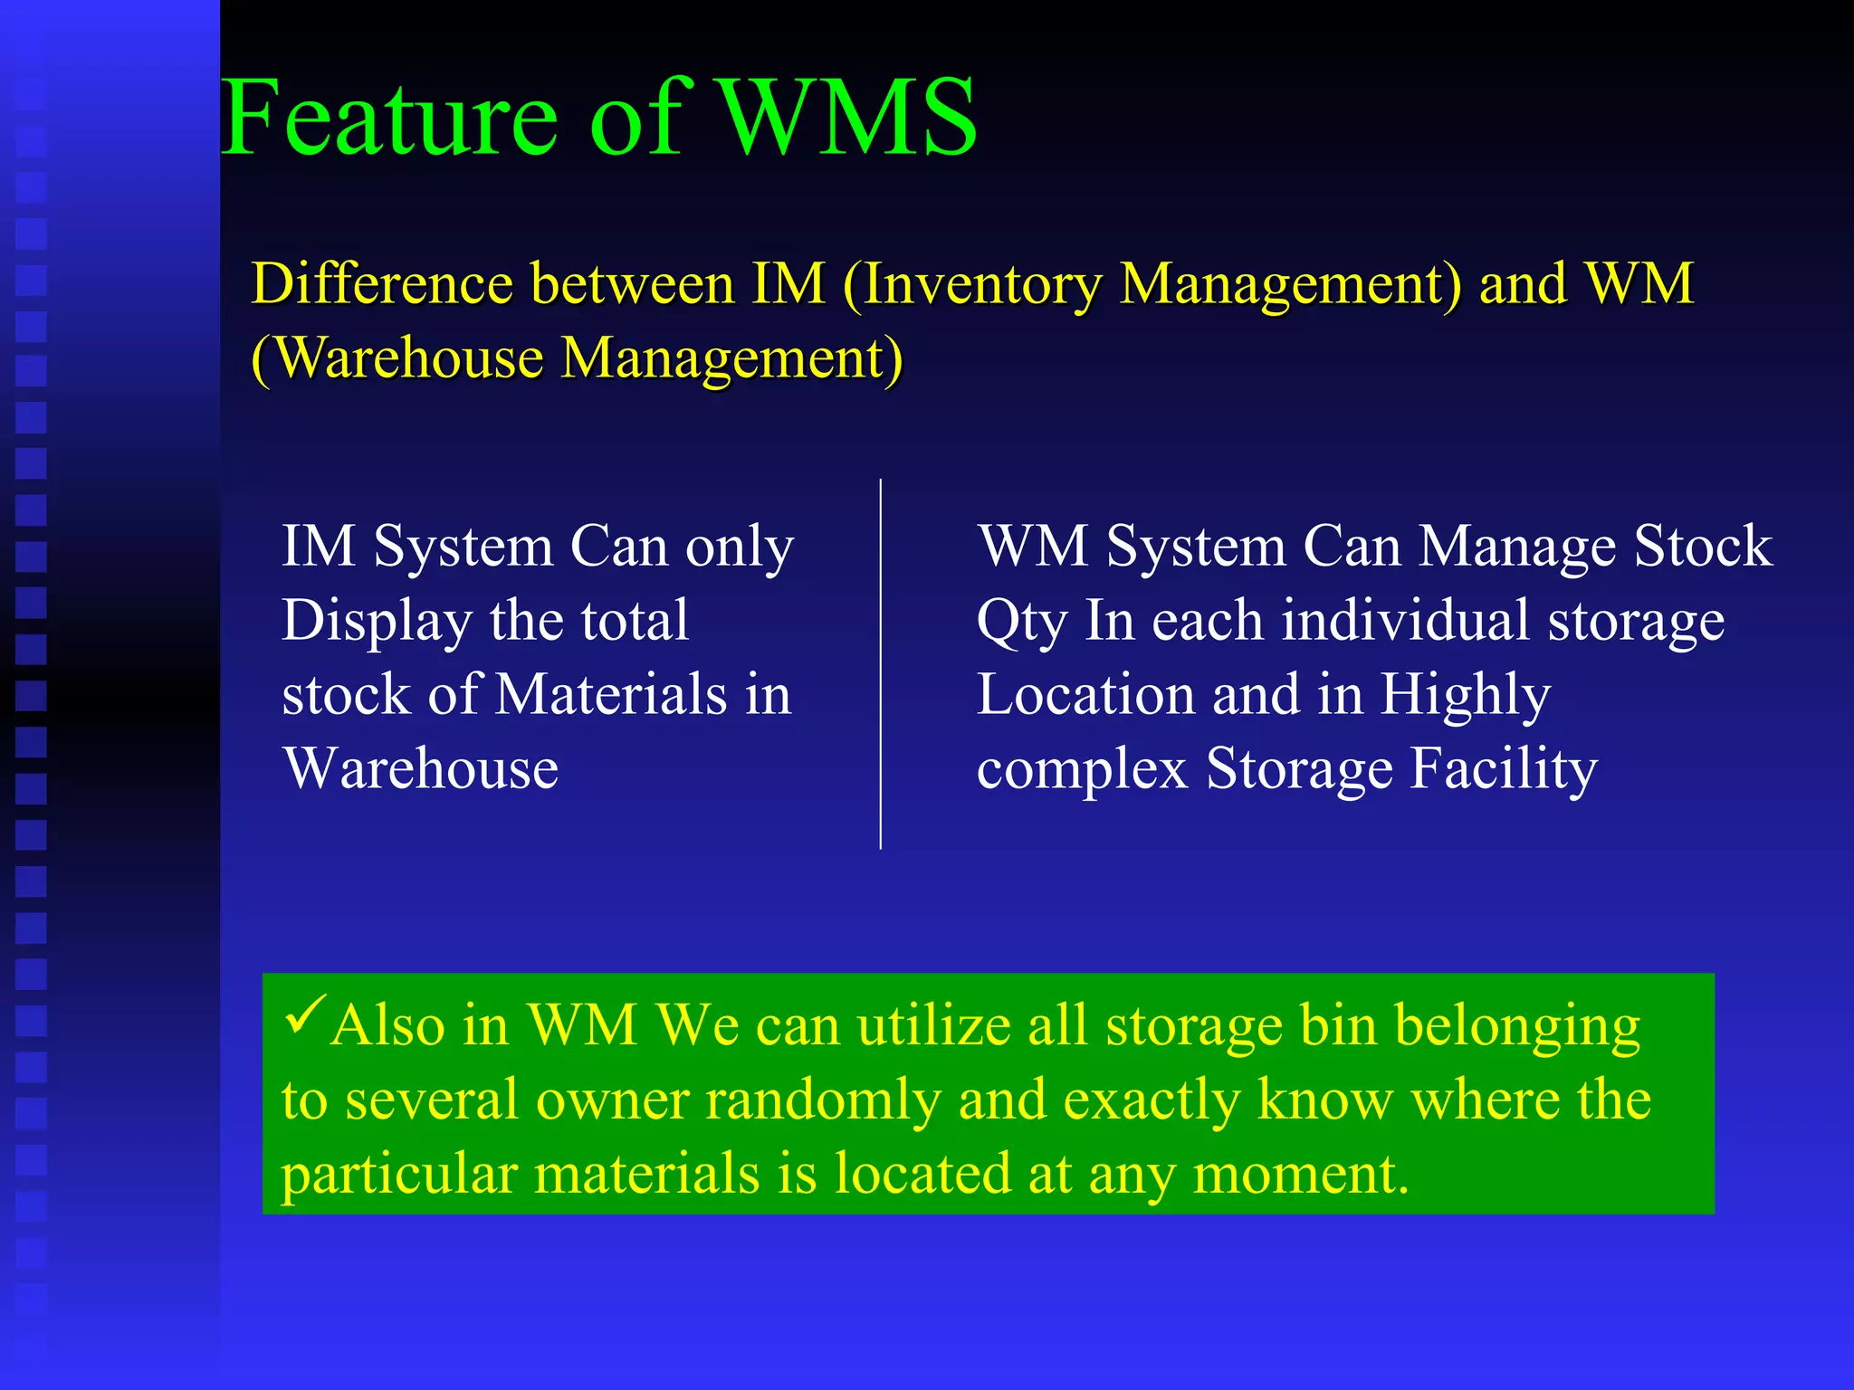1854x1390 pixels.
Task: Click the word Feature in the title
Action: (x=389, y=118)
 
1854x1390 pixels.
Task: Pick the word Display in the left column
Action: (x=377, y=622)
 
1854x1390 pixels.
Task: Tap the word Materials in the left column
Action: (x=611, y=695)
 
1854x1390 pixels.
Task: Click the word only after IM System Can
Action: (x=739, y=548)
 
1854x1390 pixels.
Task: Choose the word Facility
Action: (x=1504, y=770)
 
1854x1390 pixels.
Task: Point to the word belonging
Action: (x=1516, y=1028)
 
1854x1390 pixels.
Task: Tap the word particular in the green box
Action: (x=398, y=1176)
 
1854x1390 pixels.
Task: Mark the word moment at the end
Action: (x=1300, y=1176)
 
